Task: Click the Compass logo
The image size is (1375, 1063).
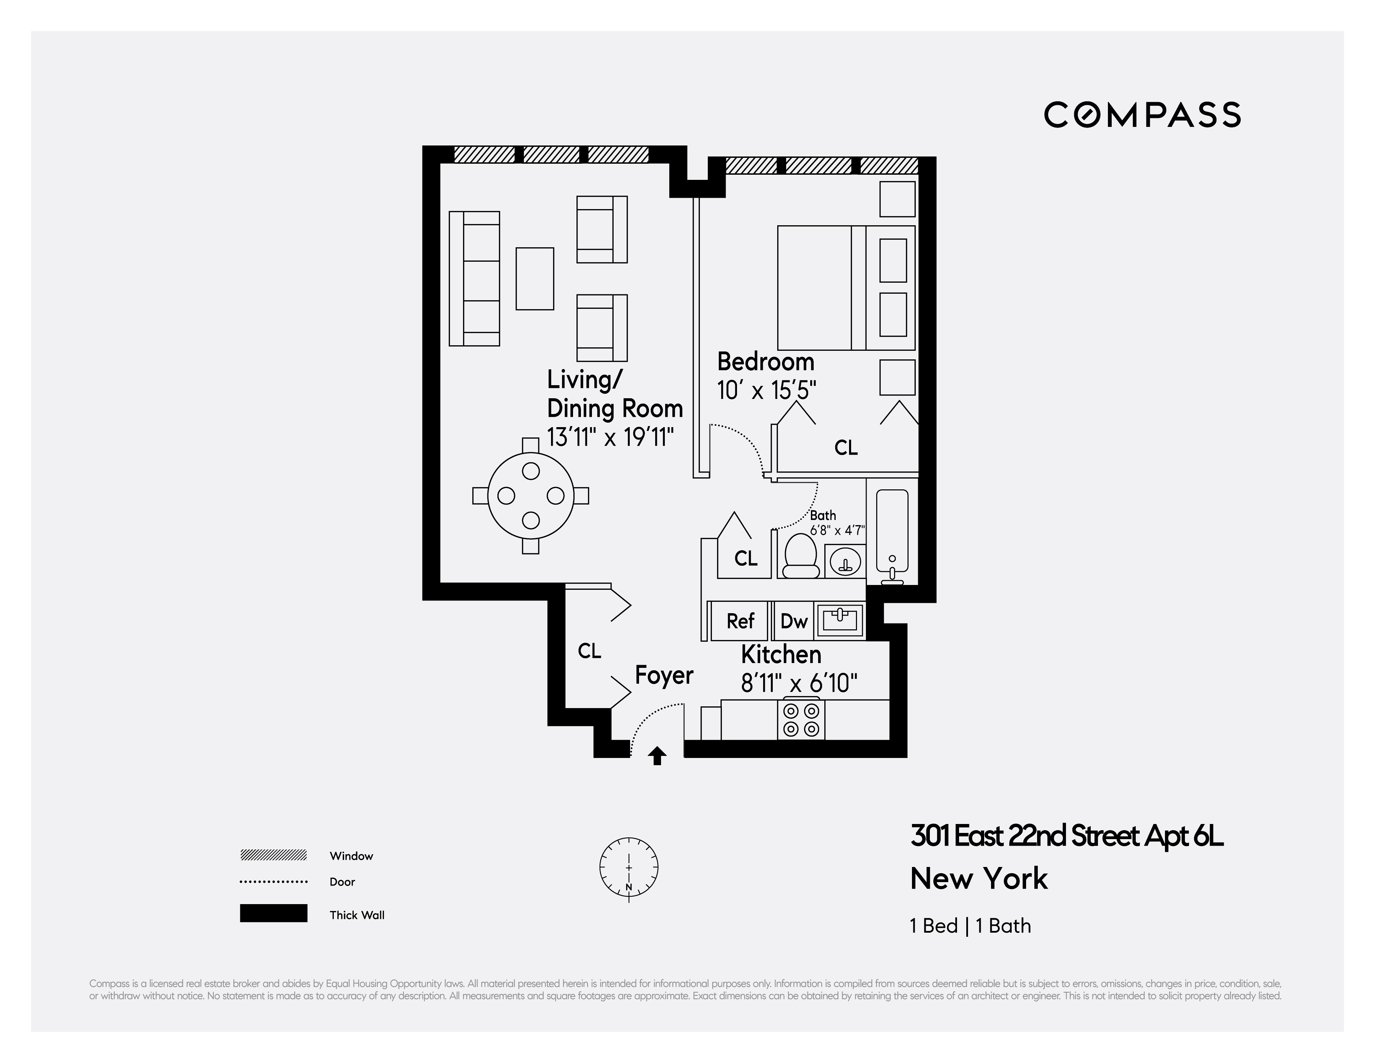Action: (1142, 115)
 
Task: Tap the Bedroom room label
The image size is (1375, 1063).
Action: (766, 362)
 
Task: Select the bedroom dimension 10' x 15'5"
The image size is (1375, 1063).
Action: (766, 391)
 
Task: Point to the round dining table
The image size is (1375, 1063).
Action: (531, 496)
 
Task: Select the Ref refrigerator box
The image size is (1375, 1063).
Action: (740, 621)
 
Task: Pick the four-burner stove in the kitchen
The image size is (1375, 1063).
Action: (802, 720)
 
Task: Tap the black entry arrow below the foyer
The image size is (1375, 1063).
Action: (657, 756)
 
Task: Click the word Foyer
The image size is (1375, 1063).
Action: (663, 675)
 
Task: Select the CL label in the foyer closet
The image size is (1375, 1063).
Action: (589, 651)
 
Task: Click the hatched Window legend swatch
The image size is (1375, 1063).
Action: (273, 855)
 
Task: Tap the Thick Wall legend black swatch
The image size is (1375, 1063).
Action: (273, 913)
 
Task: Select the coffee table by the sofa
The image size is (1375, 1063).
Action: (535, 278)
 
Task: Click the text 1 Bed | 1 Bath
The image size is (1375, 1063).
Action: (970, 926)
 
